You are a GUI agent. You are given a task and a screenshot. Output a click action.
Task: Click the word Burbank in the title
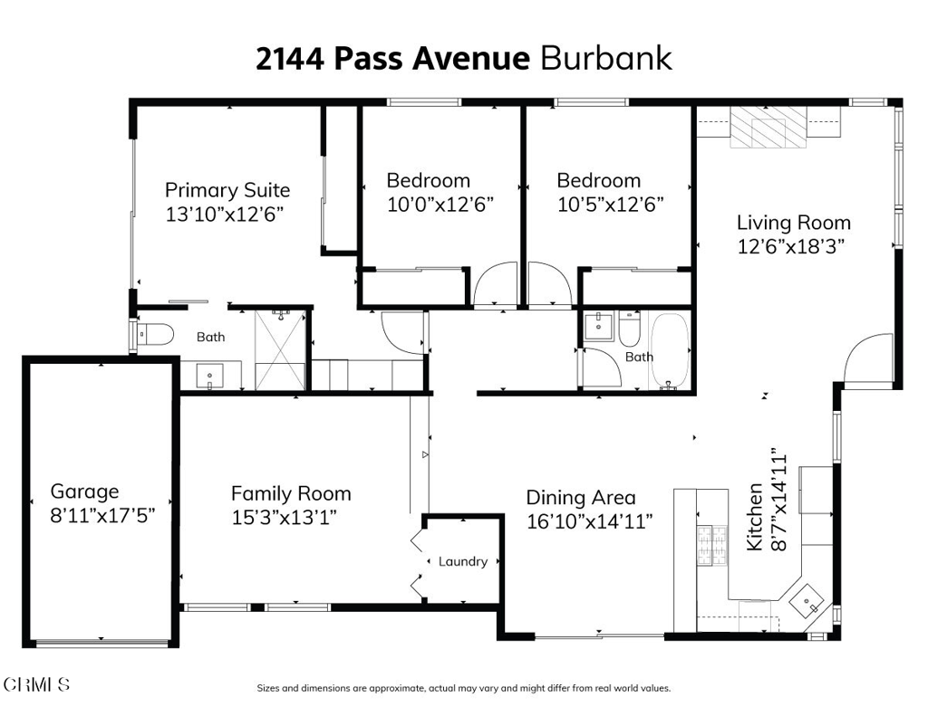606,59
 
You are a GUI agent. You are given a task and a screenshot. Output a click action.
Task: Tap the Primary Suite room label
227,190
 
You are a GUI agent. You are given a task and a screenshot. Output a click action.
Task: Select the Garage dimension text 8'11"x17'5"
102,516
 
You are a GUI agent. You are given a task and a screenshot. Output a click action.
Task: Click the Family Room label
291,493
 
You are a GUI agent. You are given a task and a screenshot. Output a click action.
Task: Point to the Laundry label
463,562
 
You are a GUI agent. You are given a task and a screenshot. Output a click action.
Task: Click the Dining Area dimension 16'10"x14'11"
589,521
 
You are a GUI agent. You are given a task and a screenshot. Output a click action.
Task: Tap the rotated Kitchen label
755,517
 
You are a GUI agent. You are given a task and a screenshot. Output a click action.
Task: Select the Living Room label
794,223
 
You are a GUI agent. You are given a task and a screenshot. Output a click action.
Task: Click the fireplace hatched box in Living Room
768,127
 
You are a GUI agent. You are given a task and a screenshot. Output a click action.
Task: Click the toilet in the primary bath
156,335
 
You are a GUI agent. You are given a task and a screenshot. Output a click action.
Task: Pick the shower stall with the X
280,349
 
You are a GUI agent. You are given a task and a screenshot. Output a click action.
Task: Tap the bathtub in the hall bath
670,350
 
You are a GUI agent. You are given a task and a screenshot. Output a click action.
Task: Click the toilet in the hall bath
629,329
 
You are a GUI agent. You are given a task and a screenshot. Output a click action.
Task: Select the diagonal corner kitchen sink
807,601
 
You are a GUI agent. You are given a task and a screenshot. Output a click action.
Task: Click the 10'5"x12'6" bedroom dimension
610,205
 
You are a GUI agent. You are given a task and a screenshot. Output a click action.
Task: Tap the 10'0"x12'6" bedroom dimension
440,205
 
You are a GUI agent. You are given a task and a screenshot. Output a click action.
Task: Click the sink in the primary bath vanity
210,376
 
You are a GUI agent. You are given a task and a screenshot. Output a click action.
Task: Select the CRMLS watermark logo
36,684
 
